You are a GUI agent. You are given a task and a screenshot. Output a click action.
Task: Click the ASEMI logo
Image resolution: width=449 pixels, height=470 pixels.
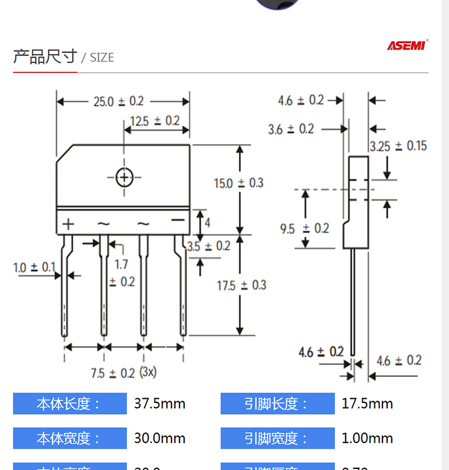click(x=408, y=45)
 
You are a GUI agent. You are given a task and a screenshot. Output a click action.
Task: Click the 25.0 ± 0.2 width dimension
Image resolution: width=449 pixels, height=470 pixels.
click(x=118, y=101)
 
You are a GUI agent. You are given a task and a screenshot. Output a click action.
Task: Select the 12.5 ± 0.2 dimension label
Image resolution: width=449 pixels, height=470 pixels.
click(x=155, y=121)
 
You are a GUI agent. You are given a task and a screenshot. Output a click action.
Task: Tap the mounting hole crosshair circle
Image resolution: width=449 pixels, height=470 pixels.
click(x=124, y=177)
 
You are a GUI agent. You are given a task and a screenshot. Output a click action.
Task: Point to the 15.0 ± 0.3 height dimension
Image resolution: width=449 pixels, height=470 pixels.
click(x=238, y=183)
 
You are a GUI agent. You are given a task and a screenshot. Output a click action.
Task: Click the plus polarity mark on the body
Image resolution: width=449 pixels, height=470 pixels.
click(x=69, y=224)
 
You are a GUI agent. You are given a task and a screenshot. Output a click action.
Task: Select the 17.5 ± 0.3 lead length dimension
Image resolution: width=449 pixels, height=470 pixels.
click(x=241, y=285)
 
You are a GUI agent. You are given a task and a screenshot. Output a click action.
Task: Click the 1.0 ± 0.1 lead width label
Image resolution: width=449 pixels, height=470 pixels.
click(x=34, y=268)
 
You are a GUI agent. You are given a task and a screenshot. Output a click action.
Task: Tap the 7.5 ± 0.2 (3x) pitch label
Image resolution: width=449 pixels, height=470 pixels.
click(x=123, y=373)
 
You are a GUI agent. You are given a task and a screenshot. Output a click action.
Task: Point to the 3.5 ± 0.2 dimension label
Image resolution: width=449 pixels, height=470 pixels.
click(x=209, y=247)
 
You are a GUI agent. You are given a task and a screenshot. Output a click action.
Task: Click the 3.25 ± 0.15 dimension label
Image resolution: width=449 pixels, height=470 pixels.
click(x=398, y=146)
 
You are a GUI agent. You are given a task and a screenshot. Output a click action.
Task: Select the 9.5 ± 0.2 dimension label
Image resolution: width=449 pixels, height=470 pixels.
click(x=304, y=229)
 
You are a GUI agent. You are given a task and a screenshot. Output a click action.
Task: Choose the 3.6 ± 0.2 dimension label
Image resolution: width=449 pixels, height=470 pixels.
click(x=290, y=129)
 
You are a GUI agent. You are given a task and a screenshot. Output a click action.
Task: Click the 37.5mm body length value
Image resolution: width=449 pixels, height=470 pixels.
click(x=159, y=404)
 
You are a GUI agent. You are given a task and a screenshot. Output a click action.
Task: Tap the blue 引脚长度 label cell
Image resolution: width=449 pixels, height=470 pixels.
click(x=277, y=404)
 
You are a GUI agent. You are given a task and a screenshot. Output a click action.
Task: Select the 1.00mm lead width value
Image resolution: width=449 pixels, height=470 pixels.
click(x=367, y=438)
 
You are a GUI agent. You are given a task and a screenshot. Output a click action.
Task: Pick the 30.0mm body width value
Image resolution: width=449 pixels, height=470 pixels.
click(x=159, y=438)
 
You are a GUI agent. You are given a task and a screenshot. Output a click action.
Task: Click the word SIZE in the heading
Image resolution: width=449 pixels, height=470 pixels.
click(x=101, y=58)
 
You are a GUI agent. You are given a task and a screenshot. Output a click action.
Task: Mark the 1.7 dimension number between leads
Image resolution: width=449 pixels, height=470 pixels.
click(x=121, y=264)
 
